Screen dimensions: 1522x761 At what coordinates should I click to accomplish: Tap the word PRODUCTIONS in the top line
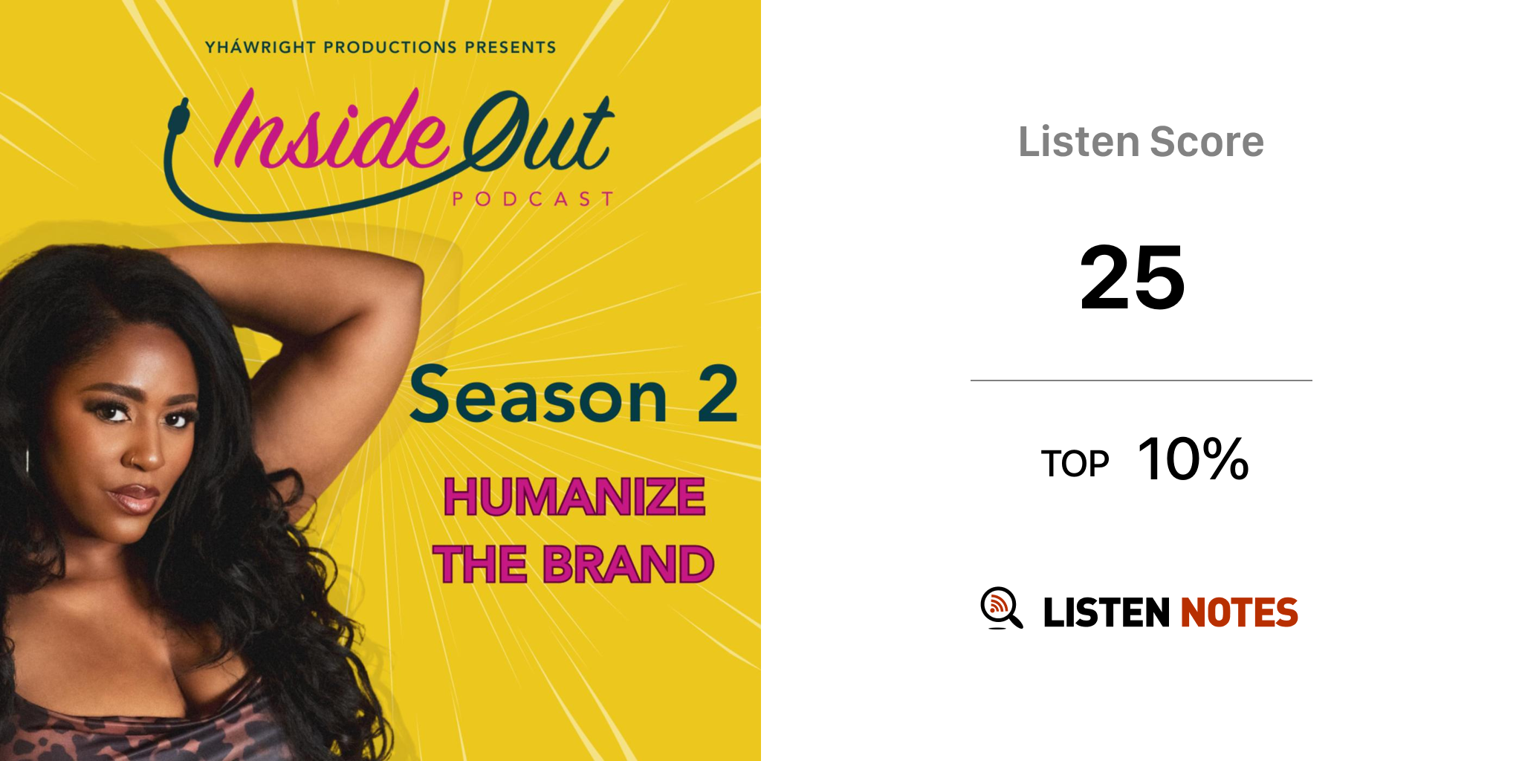tap(390, 48)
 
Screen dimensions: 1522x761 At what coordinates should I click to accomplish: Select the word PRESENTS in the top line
tap(511, 48)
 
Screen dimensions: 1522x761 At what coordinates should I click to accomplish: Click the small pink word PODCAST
tap(533, 199)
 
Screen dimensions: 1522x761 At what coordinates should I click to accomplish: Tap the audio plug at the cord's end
tap(178, 118)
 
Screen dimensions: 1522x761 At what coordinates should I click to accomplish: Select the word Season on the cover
tap(539, 396)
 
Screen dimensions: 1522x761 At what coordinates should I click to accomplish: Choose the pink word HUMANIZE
tap(574, 497)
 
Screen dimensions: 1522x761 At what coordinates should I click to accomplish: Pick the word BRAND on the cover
tap(628, 565)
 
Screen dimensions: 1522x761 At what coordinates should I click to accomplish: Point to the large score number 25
tap(1133, 278)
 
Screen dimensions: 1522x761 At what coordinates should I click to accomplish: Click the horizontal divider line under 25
tap(1141, 380)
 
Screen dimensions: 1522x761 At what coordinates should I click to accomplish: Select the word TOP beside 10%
tap(1075, 464)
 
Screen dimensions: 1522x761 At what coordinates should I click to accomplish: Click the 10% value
tap(1194, 459)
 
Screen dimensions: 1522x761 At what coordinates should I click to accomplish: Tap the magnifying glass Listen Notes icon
tap(1001, 608)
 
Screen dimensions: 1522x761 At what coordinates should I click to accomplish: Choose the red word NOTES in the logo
tap(1239, 612)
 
